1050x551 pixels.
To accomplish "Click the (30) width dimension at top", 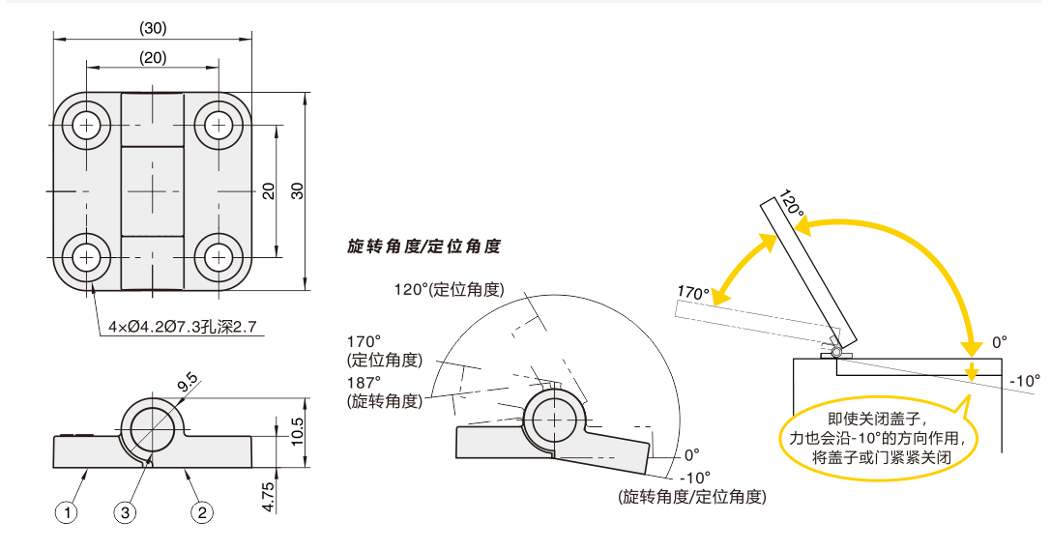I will point(153,28).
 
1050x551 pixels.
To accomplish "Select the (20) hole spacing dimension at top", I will point(153,58).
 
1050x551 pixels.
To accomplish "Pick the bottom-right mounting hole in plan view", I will point(218,257).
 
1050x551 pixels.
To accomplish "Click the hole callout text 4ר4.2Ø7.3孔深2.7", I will point(183,327).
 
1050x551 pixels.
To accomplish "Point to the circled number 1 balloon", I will point(67,512).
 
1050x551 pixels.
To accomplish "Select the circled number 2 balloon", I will point(202,512).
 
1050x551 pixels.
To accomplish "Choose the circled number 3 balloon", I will point(125,512).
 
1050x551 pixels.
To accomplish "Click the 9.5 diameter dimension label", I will point(187,384).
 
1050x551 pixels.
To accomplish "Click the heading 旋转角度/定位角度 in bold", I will point(423,246).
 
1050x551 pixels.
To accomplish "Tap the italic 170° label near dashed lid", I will point(693,293).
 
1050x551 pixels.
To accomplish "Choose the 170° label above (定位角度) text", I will point(365,340).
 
